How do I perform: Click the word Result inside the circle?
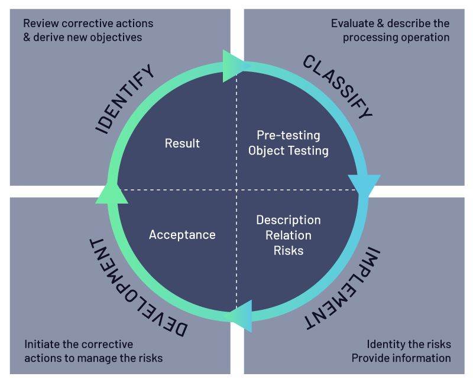(182, 143)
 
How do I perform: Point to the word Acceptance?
(182, 235)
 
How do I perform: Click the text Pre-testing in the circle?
(288, 135)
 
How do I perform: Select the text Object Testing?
(288, 150)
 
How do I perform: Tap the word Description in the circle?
(288, 220)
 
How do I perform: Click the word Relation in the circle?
(288, 235)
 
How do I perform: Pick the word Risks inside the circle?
(288, 250)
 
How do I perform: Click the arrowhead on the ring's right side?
(362, 185)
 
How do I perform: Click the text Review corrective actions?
(88, 24)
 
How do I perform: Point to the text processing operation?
(396, 37)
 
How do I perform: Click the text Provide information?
(401, 358)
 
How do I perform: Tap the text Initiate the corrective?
(79, 344)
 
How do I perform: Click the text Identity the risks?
(409, 344)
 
